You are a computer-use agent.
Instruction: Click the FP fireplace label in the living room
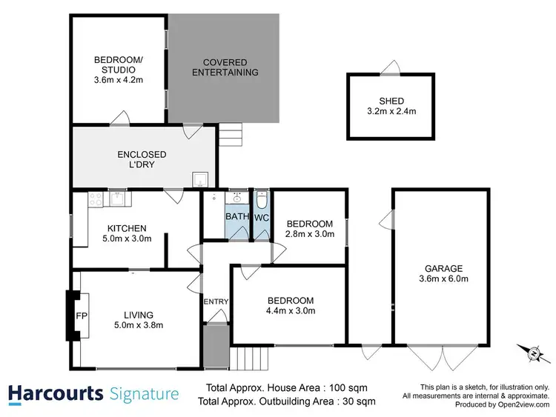click(x=82, y=315)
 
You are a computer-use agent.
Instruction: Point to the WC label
click(x=261, y=218)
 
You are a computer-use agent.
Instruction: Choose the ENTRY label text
click(x=215, y=301)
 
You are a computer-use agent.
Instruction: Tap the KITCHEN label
click(x=127, y=228)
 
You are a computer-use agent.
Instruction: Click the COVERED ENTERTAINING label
click(x=225, y=67)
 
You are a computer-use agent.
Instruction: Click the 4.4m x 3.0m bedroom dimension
click(x=291, y=311)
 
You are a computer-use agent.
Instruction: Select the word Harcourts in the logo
click(x=56, y=393)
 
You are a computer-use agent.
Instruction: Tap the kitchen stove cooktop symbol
click(x=96, y=199)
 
